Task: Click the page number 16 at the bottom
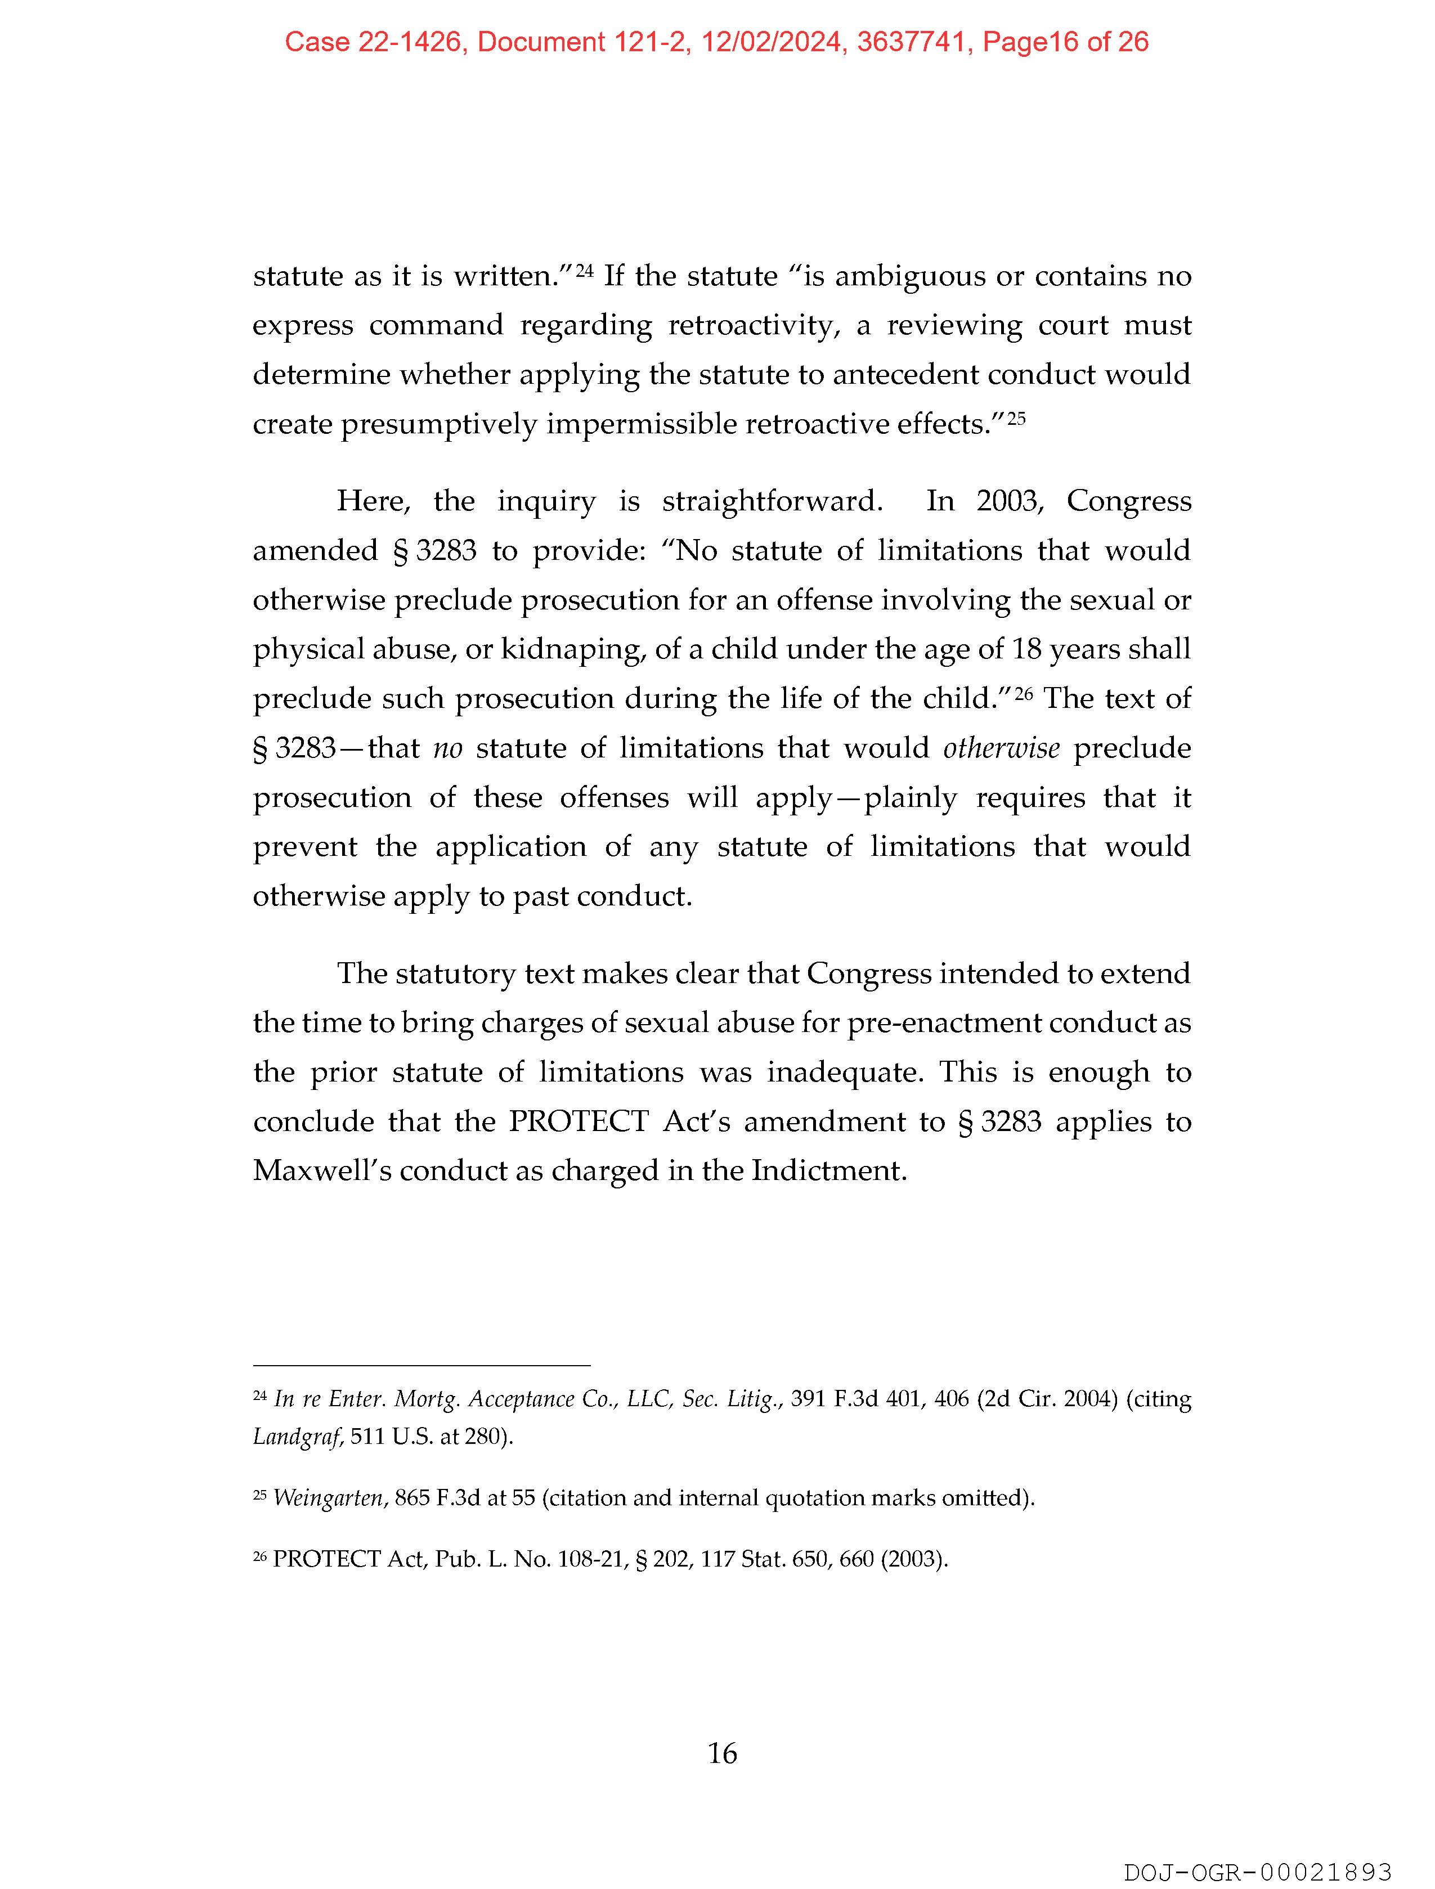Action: click(722, 1753)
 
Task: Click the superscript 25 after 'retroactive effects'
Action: click(1016, 419)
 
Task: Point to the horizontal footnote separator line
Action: click(421, 1366)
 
